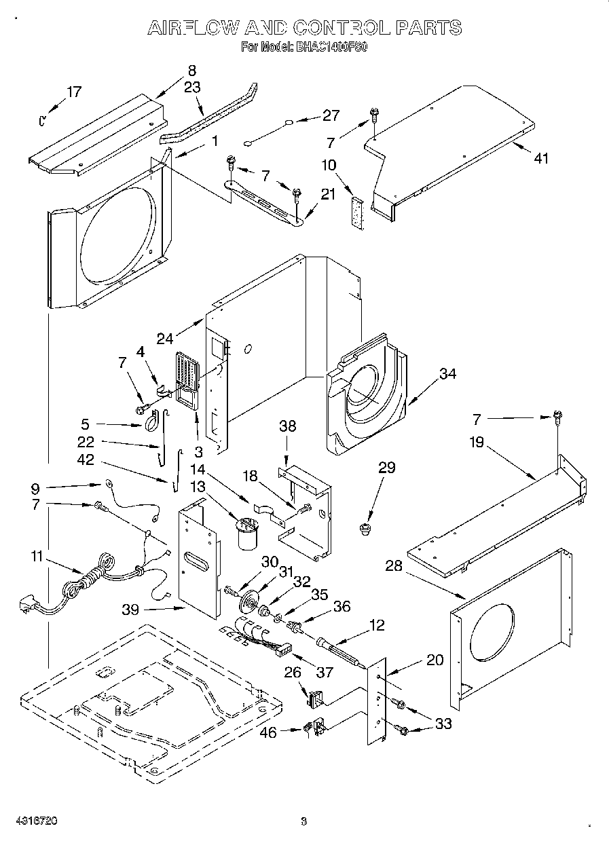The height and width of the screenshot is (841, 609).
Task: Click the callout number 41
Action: pos(541,158)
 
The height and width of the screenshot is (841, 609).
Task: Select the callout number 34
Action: pos(447,373)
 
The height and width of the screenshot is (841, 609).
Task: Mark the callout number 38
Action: pos(289,426)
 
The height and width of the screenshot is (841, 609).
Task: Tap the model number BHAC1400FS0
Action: pos(331,48)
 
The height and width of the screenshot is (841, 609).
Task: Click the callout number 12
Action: pos(376,625)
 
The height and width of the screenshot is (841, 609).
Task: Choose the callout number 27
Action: pos(331,115)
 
